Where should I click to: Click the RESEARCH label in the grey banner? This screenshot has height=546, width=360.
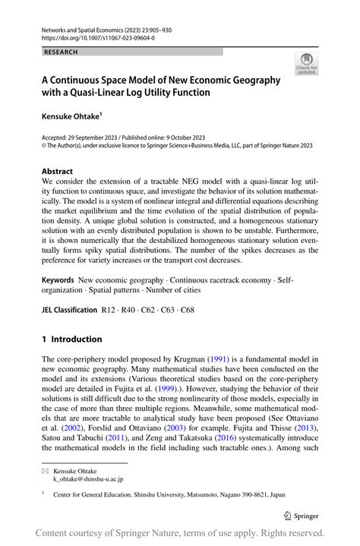click(62, 52)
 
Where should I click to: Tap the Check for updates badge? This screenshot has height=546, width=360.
click(308, 64)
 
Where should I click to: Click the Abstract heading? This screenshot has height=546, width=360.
click(58, 172)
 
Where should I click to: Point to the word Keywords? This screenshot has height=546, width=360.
click(58, 280)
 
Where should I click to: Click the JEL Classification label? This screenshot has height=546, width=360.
click(69, 310)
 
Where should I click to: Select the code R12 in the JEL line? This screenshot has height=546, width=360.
click(109, 310)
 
